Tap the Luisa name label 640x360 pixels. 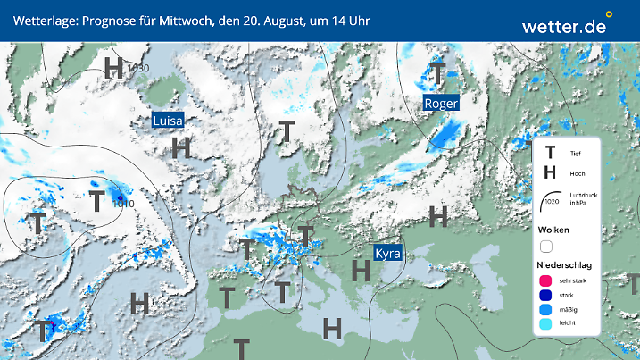coord(168,121)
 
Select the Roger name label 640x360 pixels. coord(441,104)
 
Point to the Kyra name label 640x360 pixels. coord(387,254)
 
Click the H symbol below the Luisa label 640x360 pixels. coord(181,147)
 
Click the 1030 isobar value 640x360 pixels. coord(138,68)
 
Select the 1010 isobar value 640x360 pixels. coord(124,204)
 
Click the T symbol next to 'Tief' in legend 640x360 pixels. coord(550,153)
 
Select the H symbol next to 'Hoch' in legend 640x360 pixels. coord(550,172)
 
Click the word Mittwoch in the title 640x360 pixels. coord(183,20)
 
